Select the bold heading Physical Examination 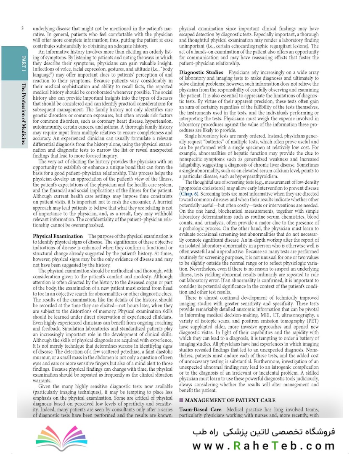[58, 237]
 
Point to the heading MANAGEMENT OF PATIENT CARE [230, 400]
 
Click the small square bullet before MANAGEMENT [181, 400]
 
